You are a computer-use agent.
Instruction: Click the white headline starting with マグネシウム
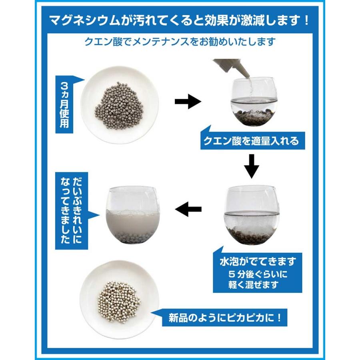tap(180, 20)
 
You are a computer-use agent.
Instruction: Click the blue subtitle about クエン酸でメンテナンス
tap(180, 42)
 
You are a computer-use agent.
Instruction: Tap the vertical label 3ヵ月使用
tap(64, 105)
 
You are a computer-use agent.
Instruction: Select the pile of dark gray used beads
tap(119, 105)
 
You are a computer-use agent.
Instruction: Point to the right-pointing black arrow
tap(188, 101)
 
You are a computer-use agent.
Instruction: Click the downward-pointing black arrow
tap(252, 166)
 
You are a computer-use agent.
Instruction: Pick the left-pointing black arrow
tap(188, 209)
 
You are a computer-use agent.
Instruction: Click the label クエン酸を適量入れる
tap(251, 140)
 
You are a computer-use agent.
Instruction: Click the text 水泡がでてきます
tap(257, 262)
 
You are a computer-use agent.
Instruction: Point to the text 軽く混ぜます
tap(253, 285)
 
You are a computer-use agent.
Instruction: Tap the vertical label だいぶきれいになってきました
tap(71, 210)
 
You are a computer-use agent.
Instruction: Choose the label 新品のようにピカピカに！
tap(225, 318)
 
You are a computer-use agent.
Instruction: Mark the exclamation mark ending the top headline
tap(307, 21)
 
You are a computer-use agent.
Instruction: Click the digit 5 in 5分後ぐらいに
tap(232, 274)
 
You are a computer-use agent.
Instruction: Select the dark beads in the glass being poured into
tap(252, 117)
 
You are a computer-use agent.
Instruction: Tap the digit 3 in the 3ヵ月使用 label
tap(64, 86)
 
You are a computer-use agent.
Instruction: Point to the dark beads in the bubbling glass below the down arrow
tap(252, 235)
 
